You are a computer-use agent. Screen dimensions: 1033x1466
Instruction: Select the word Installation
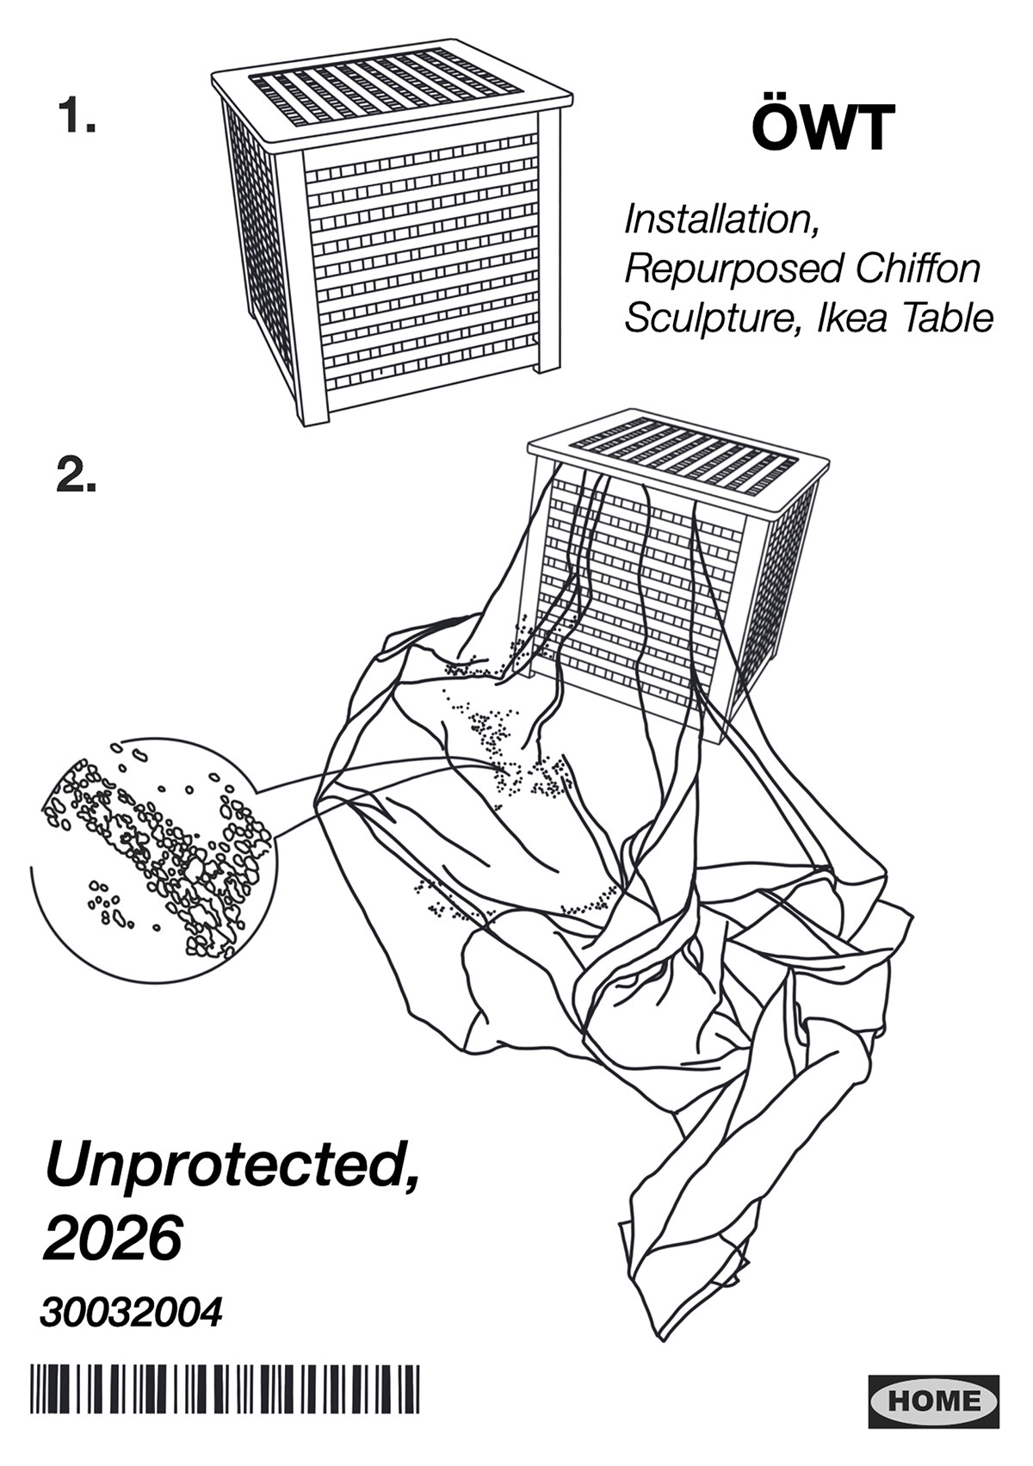coord(723,220)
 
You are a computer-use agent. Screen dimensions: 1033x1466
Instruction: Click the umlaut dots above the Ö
coord(775,102)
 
